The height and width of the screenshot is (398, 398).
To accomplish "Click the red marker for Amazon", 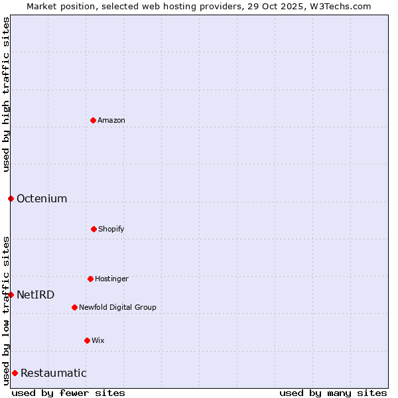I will (x=93, y=120).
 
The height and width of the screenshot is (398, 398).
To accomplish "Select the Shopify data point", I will (x=94, y=229).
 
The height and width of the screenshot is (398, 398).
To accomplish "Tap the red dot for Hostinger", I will (x=90, y=279).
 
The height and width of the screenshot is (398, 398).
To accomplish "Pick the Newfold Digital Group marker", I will (x=74, y=307).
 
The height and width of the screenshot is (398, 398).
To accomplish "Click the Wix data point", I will (x=87, y=340).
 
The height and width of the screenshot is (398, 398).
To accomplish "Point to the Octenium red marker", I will (x=11, y=198).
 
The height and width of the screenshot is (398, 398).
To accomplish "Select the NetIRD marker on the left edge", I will (x=11, y=295).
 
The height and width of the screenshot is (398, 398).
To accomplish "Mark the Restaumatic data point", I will (x=15, y=373).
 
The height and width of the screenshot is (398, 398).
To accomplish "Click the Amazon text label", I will (x=111, y=120).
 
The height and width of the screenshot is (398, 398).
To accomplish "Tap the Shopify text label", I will (x=111, y=229).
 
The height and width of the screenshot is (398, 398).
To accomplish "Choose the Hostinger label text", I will (x=111, y=279).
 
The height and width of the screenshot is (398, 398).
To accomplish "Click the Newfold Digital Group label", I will (x=117, y=307).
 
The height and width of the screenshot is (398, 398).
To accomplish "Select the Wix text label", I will (x=98, y=340).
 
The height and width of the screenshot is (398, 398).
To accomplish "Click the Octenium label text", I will (x=42, y=198).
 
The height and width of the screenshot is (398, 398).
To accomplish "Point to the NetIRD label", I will (x=36, y=295).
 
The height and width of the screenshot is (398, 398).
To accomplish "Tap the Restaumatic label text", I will (x=54, y=373).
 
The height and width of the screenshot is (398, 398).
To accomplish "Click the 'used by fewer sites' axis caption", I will (x=68, y=393).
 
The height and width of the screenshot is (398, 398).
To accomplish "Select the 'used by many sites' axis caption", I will (x=333, y=393).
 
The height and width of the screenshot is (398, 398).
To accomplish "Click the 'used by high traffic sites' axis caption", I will (x=6, y=94).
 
